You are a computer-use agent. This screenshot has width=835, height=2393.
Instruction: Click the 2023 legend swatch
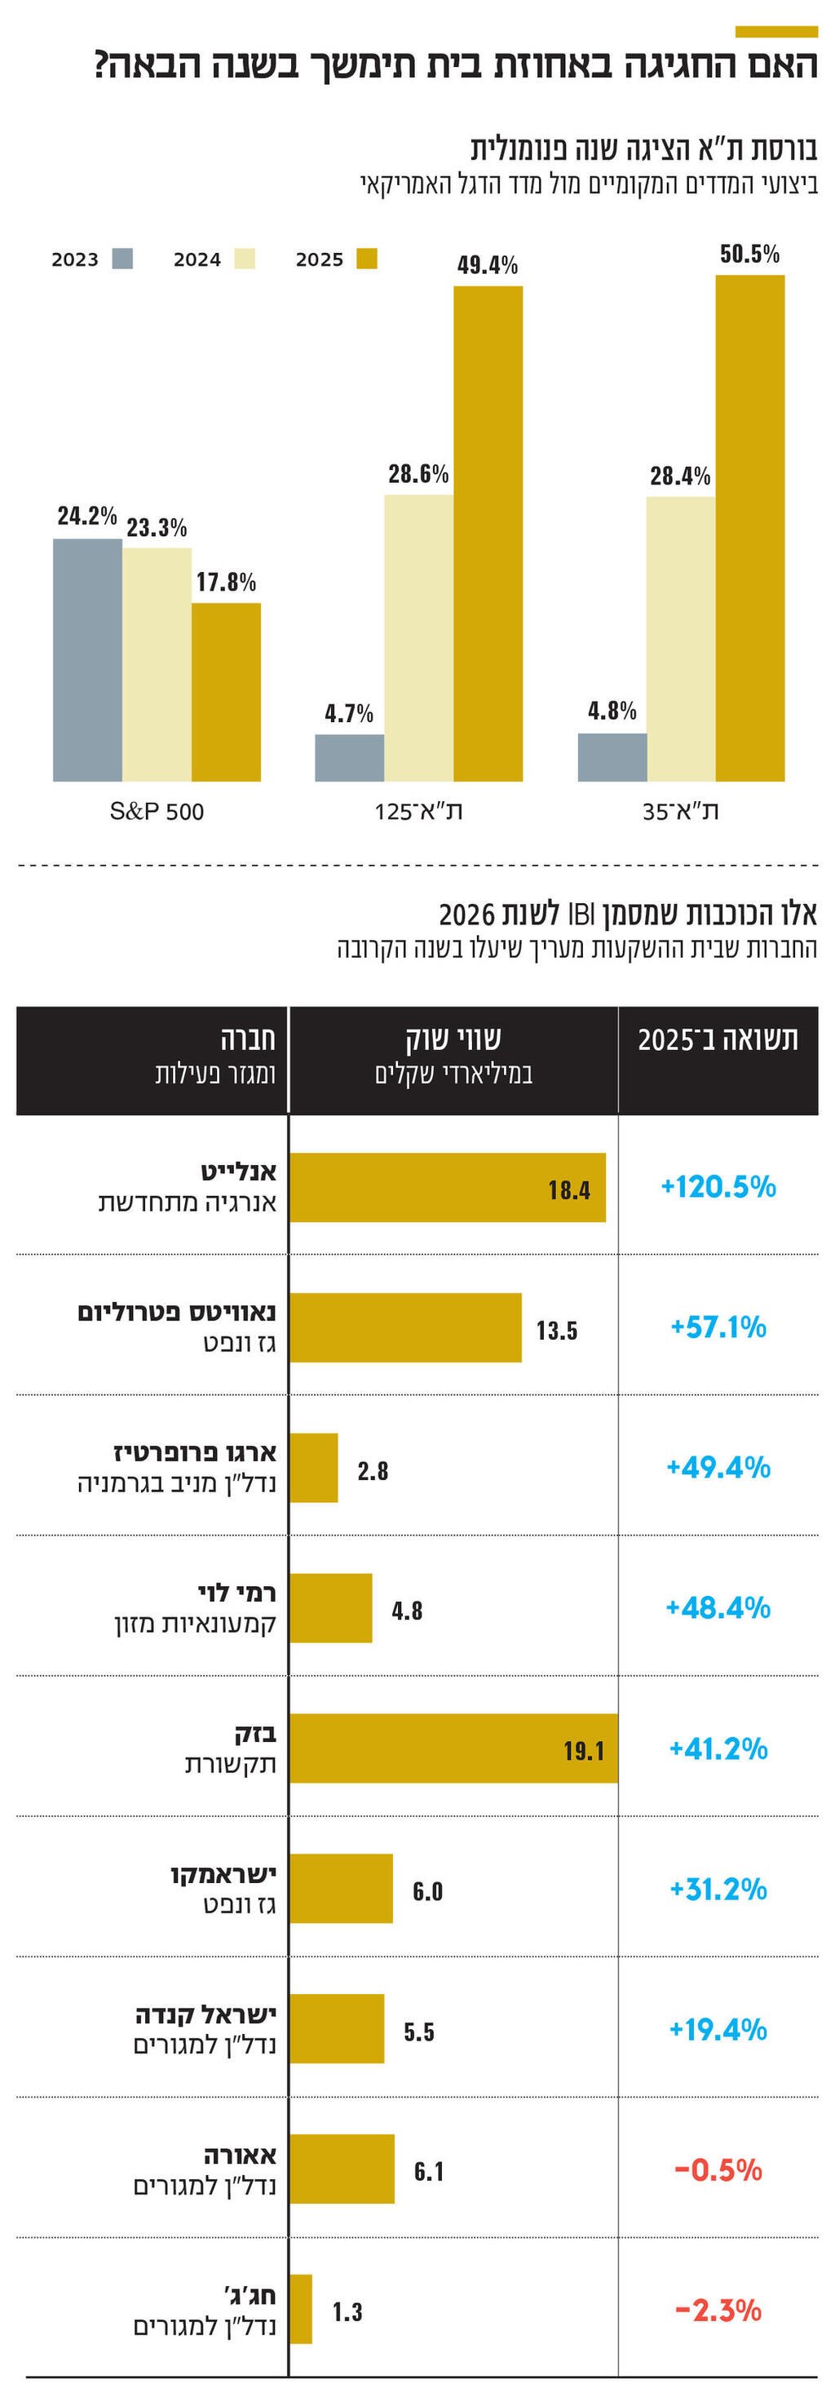tap(121, 259)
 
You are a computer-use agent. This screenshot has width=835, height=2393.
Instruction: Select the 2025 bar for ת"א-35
tap(749, 528)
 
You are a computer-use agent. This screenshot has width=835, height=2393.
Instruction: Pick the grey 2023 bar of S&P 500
tap(87, 659)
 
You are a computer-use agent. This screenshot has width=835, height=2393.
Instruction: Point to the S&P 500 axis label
tap(156, 811)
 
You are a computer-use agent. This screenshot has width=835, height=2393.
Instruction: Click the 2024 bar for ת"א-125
tap(418, 637)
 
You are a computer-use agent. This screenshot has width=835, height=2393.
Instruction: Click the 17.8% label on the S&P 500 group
tap(226, 582)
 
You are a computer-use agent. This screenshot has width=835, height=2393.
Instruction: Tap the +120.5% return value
tap(717, 1186)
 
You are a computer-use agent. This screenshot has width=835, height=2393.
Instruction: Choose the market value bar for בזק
tap(453, 1748)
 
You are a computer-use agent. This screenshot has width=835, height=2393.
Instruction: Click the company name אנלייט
tap(239, 1172)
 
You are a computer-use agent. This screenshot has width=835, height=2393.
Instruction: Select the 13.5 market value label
tap(556, 1330)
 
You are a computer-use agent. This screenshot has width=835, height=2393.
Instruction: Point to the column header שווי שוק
tap(453, 1039)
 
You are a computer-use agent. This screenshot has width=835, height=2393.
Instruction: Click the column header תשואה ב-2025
tap(717, 1039)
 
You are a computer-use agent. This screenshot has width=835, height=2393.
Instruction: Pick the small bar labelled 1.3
tap(300, 2308)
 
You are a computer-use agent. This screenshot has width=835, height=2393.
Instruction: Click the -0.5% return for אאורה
tap(717, 2169)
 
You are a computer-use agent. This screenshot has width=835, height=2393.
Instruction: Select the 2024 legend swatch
tap(245, 259)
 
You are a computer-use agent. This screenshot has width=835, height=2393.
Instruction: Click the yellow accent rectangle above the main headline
tap(775, 32)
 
